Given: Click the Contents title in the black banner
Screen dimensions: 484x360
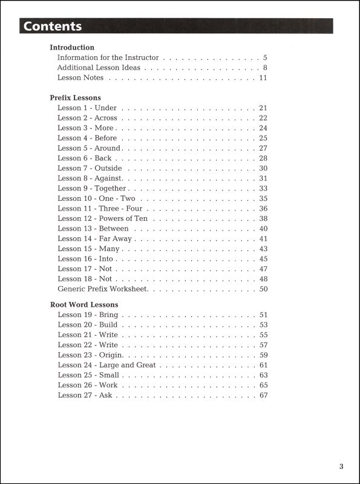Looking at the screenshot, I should [x=53, y=26].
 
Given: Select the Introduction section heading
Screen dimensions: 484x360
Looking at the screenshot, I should [x=72, y=47].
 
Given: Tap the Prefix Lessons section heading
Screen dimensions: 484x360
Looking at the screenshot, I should [x=75, y=97].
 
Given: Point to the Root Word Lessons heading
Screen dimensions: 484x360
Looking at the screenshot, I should [x=83, y=304].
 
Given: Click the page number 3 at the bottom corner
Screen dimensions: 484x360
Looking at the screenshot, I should [x=341, y=466].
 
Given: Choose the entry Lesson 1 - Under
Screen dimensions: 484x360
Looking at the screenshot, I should [x=87, y=108].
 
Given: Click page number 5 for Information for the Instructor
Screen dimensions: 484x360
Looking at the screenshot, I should [x=265, y=57].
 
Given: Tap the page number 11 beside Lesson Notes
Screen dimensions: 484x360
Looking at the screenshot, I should [x=263, y=77].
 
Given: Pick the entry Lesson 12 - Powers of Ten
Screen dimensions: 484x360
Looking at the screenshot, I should [x=102, y=218].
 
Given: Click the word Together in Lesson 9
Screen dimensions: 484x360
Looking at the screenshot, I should [x=110, y=188].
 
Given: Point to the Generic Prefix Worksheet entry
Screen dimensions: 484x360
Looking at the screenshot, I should [x=103, y=289].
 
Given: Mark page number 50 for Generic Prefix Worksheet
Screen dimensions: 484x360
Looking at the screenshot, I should [x=263, y=289].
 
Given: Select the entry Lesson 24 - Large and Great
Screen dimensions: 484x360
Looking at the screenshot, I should [x=106, y=365].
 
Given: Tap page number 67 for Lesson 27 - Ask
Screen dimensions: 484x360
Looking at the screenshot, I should [x=263, y=395].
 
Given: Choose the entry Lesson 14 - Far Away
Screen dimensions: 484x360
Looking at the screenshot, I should [x=94, y=238].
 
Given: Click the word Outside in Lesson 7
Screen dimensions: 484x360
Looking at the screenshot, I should [x=108, y=168].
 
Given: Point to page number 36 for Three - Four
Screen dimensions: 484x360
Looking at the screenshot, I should [x=263, y=208].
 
